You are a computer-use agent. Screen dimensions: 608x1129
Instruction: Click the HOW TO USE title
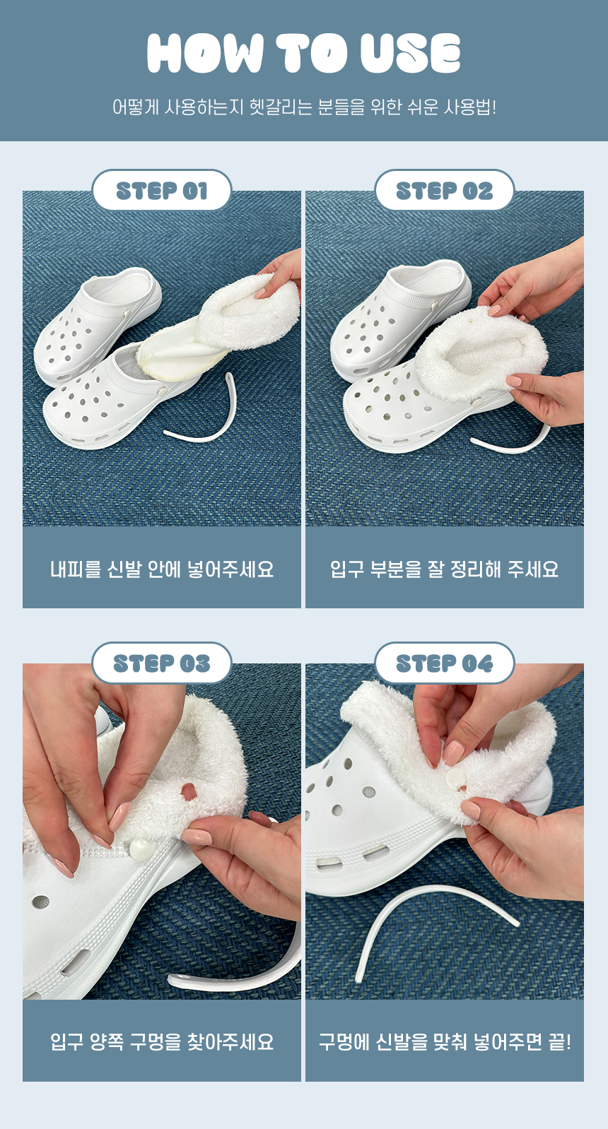click(304, 53)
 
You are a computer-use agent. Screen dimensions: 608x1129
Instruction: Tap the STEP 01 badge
click(162, 191)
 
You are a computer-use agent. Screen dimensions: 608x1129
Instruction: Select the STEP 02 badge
click(444, 191)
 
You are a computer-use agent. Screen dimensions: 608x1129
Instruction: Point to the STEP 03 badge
click(162, 663)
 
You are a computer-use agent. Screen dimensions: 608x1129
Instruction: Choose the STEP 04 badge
click(444, 663)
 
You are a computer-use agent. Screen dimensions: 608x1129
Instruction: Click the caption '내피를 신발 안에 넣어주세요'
click(162, 569)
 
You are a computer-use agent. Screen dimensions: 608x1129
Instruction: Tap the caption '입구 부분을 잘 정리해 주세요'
click(444, 569)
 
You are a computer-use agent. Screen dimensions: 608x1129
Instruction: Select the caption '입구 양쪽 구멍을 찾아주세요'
click(162, 1041)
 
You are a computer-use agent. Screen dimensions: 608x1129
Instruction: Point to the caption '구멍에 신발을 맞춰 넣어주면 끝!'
click(444, 1041)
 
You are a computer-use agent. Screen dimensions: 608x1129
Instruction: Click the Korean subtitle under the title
click(304, 107)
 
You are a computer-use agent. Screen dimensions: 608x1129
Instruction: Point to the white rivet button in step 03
click(139, 849)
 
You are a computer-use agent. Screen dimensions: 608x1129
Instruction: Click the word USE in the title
click(410, 53)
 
